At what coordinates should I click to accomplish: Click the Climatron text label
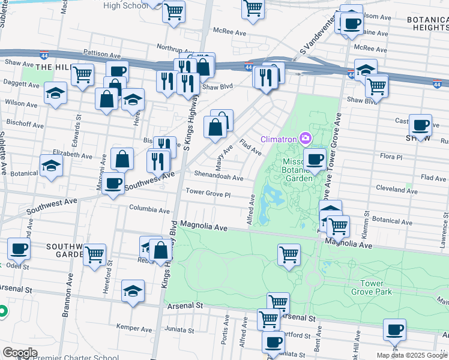point(279,140)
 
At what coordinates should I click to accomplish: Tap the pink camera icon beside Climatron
point(306,139)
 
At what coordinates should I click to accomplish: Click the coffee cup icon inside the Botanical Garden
point(315,160)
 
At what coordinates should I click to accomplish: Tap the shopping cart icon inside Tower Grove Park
point(289,254)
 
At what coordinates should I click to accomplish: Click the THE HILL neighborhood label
point(50,67)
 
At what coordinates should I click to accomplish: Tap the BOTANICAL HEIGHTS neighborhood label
point(427,23)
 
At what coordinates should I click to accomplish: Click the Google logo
point(19,353)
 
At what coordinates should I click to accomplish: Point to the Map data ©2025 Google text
point(412,355)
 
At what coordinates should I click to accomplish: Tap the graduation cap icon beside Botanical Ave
point(51,166)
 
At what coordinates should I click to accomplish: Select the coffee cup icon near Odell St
point(18,248)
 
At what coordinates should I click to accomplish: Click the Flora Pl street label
point(391,157)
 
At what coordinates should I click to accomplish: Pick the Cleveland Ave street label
point(396,188)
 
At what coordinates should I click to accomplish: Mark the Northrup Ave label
point(173,46)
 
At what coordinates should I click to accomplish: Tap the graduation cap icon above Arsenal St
point(133,292)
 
